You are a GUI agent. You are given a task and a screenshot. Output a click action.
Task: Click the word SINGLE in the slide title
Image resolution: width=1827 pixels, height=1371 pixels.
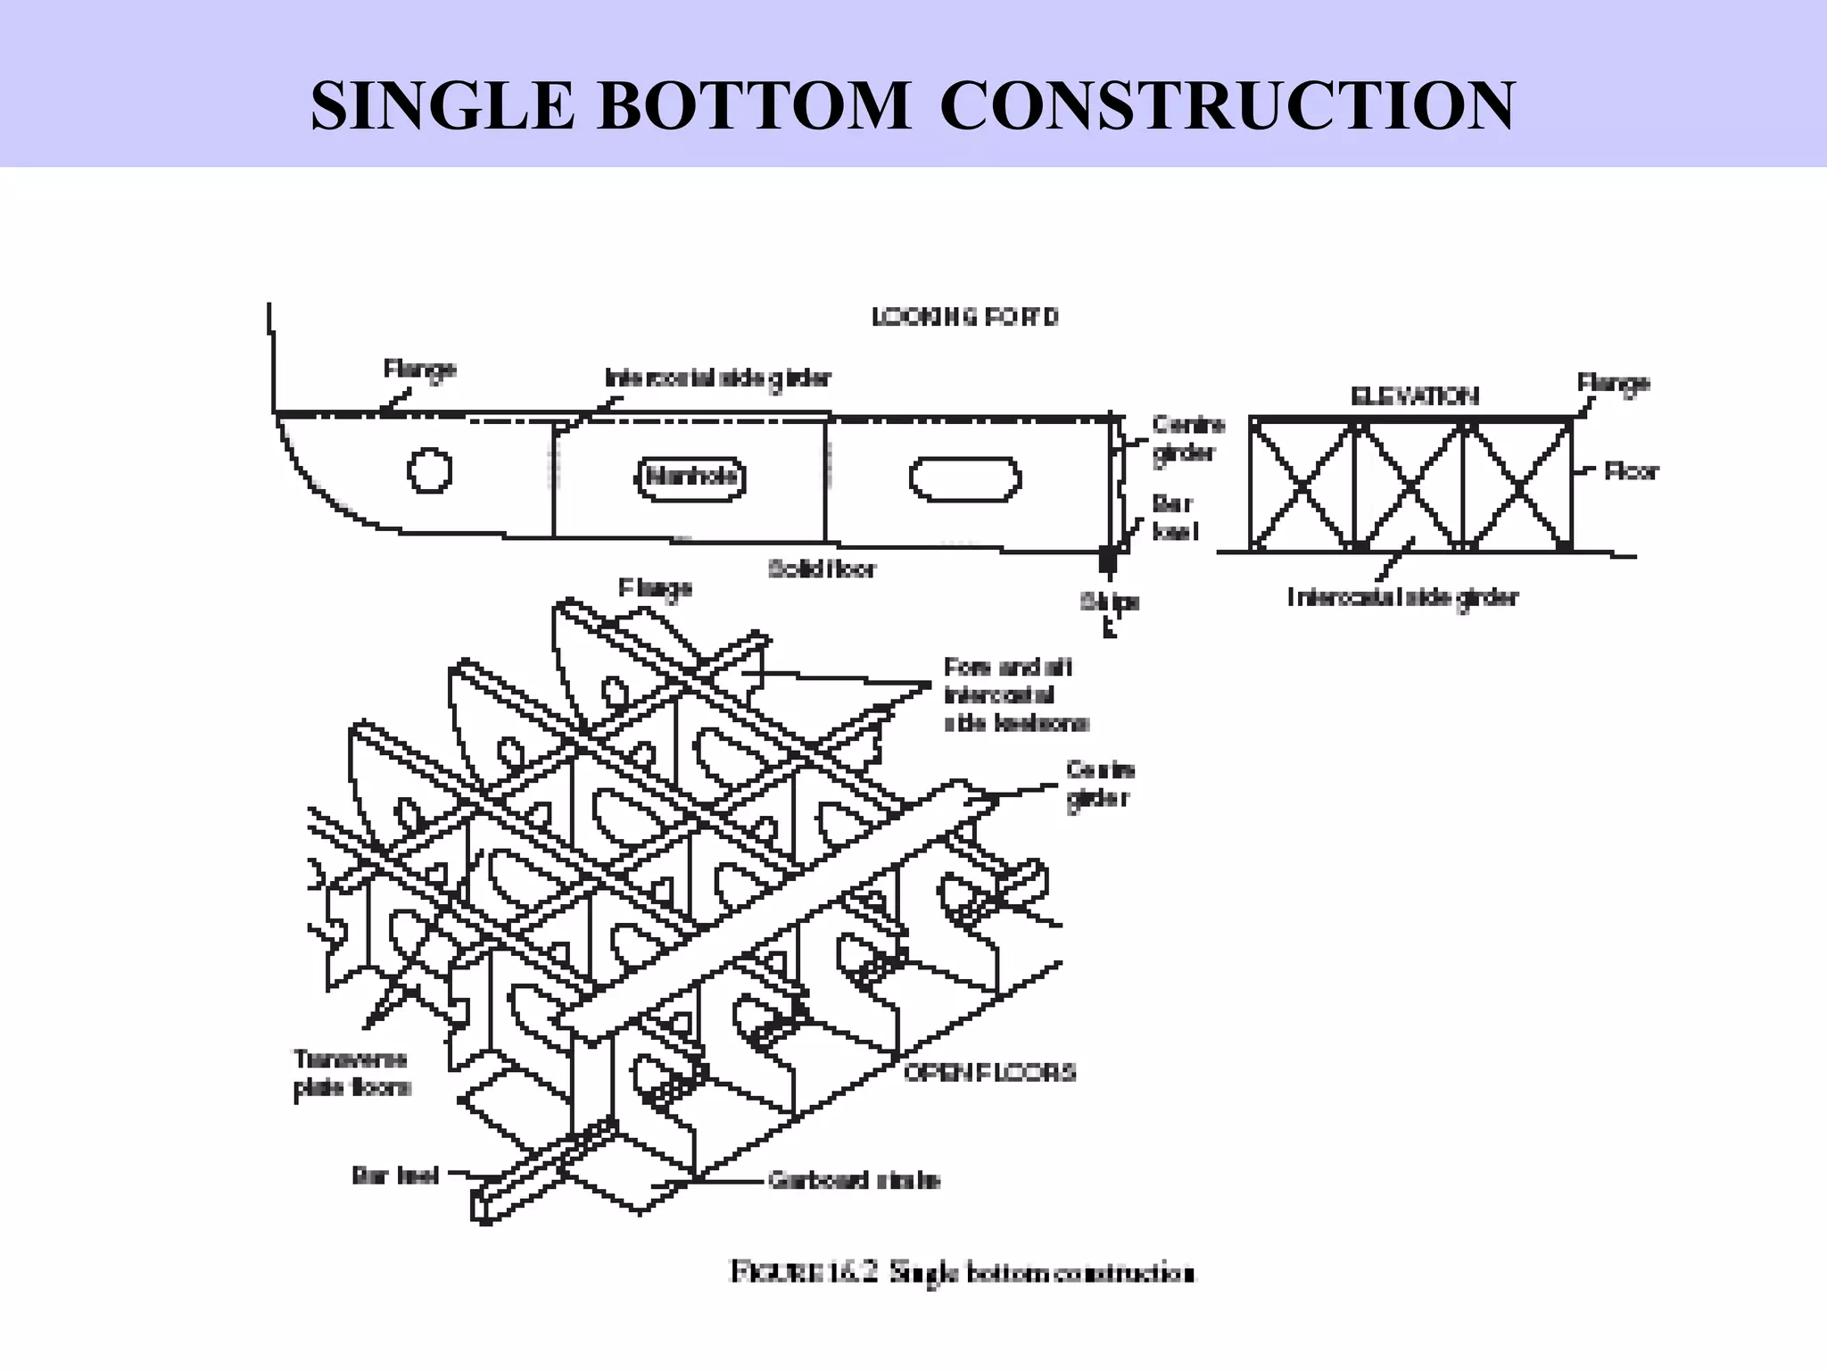442,106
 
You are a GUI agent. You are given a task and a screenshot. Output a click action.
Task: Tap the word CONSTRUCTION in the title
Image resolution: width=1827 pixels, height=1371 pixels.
1227,106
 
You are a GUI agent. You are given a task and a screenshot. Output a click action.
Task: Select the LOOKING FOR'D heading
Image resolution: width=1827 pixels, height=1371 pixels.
964,317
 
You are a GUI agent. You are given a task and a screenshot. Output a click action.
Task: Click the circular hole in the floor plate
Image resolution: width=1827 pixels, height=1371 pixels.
429,469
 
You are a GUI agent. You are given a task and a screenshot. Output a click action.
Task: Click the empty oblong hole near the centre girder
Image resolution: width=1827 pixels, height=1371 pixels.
964,479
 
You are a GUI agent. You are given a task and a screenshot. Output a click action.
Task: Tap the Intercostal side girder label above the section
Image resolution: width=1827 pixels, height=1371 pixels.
718,378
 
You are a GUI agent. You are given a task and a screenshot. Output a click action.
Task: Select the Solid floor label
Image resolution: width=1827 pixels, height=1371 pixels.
822,569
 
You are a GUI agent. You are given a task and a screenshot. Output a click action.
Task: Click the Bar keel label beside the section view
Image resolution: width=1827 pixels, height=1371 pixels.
1175,518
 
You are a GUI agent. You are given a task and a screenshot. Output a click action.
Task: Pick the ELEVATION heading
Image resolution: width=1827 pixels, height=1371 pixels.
1415,396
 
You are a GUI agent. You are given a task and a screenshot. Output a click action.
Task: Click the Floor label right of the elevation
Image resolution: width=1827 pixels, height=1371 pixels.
1631,471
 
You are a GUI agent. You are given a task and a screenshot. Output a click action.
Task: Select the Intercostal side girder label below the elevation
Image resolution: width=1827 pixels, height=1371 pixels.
1402,597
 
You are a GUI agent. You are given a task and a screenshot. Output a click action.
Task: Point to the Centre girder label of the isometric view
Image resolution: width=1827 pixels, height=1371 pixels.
1099,783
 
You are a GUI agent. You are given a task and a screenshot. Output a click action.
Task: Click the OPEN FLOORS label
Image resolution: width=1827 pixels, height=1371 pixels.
989,1072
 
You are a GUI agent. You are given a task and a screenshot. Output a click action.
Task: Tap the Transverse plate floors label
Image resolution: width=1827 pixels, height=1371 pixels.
351,1073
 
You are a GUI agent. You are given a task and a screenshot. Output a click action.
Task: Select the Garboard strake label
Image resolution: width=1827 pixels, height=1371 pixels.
854,1181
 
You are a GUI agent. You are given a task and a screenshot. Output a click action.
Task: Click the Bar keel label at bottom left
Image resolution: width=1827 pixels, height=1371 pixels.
395,1176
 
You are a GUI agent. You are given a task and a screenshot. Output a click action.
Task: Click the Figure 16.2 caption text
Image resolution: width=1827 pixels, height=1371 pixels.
962,1272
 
